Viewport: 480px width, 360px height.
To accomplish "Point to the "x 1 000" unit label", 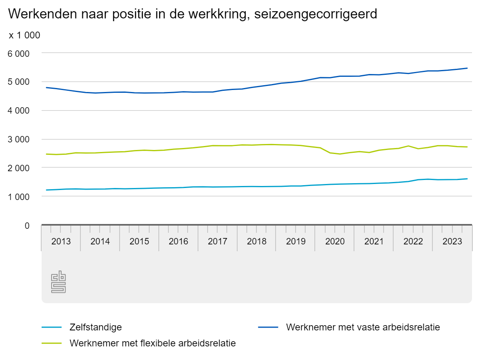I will (24, 35).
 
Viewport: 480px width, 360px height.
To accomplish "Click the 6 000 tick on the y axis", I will (20, 53).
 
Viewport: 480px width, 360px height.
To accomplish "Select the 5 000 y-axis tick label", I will (20, 82).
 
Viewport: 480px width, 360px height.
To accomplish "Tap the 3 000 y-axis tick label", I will (20, 140).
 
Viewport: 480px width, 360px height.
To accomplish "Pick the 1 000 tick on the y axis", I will (20, 197).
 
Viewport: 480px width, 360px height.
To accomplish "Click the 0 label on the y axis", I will (27, 226).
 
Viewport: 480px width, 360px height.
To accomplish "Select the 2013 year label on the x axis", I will (61, 242).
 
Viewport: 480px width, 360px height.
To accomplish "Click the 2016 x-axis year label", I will (178, 242).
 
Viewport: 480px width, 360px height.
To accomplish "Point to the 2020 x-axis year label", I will (335, 242).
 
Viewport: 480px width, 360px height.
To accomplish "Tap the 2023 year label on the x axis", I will (452, 242).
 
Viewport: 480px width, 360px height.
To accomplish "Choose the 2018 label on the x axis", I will (257, 242).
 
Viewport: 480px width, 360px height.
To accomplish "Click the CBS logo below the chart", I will (58, 282).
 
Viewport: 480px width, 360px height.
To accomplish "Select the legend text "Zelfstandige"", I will (96, 327).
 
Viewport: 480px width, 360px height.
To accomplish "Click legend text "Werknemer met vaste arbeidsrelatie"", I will (363, 327).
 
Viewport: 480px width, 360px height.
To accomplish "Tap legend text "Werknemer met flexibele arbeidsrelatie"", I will (153, 343).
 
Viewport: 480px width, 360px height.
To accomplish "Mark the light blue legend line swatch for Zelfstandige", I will (52, 327).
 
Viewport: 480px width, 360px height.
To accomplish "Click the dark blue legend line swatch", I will (268, 327).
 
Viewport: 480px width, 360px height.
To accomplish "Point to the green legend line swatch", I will (52, 343).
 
